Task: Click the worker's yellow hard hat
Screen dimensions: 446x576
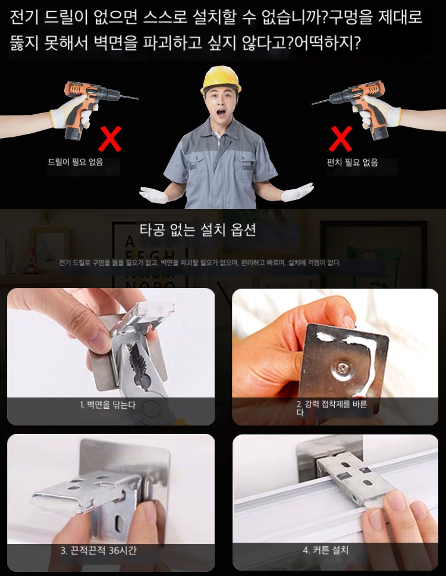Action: (x=221, y=79)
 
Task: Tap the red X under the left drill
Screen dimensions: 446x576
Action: (x=110, y=139)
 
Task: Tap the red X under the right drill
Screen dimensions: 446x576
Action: (x=341, y=139)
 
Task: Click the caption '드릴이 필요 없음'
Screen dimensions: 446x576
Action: (x=76, y=162)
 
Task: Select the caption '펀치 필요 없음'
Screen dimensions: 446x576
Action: (x=353, y=162)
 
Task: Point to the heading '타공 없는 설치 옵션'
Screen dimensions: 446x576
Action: (x=197, y=230)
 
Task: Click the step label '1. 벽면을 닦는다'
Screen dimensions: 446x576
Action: (x=108, y=405)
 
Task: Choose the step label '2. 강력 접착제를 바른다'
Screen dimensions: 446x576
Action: (x=331, y=408)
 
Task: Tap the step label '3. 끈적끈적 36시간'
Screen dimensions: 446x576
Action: (x=98, y=550)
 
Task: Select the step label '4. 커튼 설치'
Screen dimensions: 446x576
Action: (x=326, y=550)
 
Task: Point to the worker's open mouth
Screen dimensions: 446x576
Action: (x=221, y=112)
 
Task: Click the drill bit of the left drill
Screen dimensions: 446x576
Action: (x=129, y=98)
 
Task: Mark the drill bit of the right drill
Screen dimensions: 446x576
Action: (x=321, y=102)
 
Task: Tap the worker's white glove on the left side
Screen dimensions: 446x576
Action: (x=154, y=195)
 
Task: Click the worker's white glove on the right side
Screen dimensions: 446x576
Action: (x=297, y=192)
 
